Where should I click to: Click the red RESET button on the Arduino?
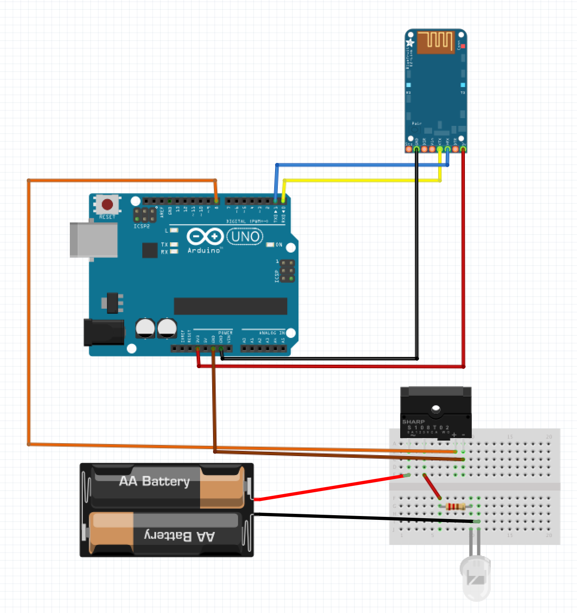click(x=107, y=204)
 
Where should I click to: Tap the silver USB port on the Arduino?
click(x=94, y=240)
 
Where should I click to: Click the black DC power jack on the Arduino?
click(x=104, y=332)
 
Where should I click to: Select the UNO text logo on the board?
click(x=245, y=237)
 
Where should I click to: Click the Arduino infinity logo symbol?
click(x=205, y=237)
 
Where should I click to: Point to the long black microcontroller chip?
click(x=230, y=306)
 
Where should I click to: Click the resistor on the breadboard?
click(x=455, y=507)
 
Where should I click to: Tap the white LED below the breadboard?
click(x=475, y=578)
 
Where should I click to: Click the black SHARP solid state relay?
click(x=436, y=412)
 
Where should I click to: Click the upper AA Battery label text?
click(x=154, y=481)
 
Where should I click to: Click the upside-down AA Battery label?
click(x=179, y=536)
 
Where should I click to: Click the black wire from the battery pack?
click(x=362, y=517)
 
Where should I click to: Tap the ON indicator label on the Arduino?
click(x=279, y=245)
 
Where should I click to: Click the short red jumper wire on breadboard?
click(x=432, y=486)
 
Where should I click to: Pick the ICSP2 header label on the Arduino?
click(x=141, y=226)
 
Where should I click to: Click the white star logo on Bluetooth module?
click(x=410, y=43)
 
